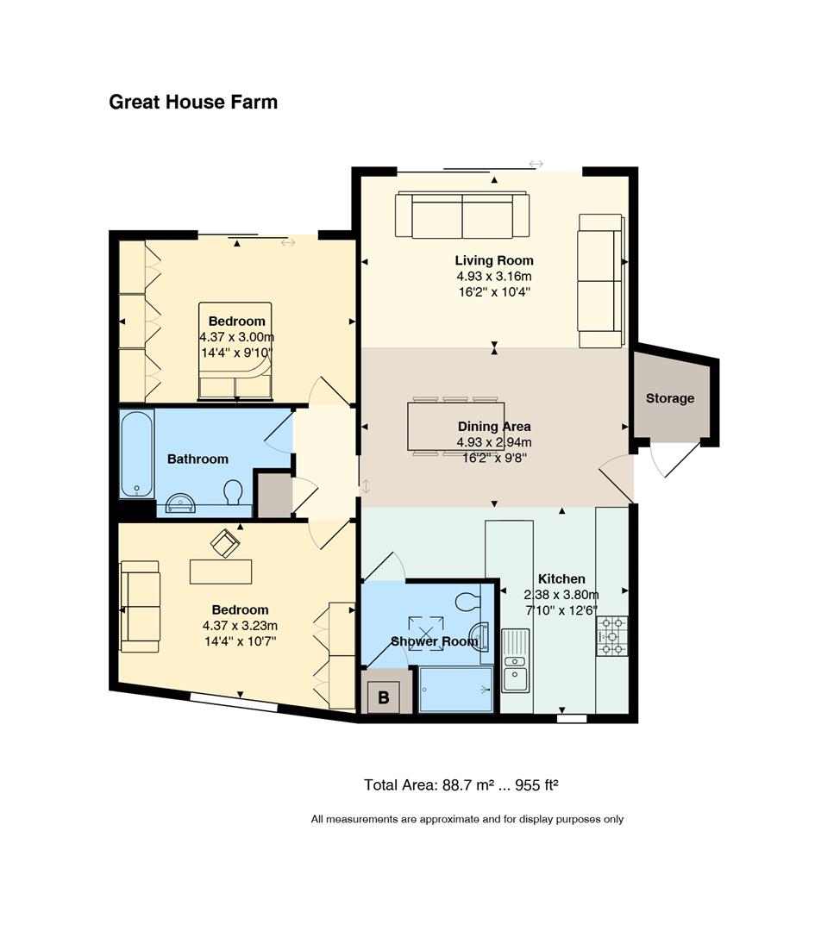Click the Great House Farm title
[x=193, y=102]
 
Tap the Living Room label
[x=494, y=260]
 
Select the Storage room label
[x=670, y=398]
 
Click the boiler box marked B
[x=384, y=697]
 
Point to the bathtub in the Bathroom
[x=137, y=454]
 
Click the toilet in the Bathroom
[x=233, y=491]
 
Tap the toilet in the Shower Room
[x=469, y=602]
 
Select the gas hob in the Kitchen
[x=612, y=636]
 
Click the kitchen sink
[x=516, y=661]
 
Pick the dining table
[x=455, y=427]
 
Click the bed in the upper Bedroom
[x=235, y=351]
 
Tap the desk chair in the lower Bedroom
[x=226, y=542]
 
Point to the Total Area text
[x=461, y=785]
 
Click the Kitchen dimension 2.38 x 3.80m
[x=561, y=594]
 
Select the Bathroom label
[x=197, y=459]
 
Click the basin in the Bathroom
[x=180, y=503]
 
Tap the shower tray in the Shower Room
[x=456, y=690]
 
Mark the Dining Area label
[x=494, y=427]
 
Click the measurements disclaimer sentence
[x=467, y=820]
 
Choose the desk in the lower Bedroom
[x=221, y=572]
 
